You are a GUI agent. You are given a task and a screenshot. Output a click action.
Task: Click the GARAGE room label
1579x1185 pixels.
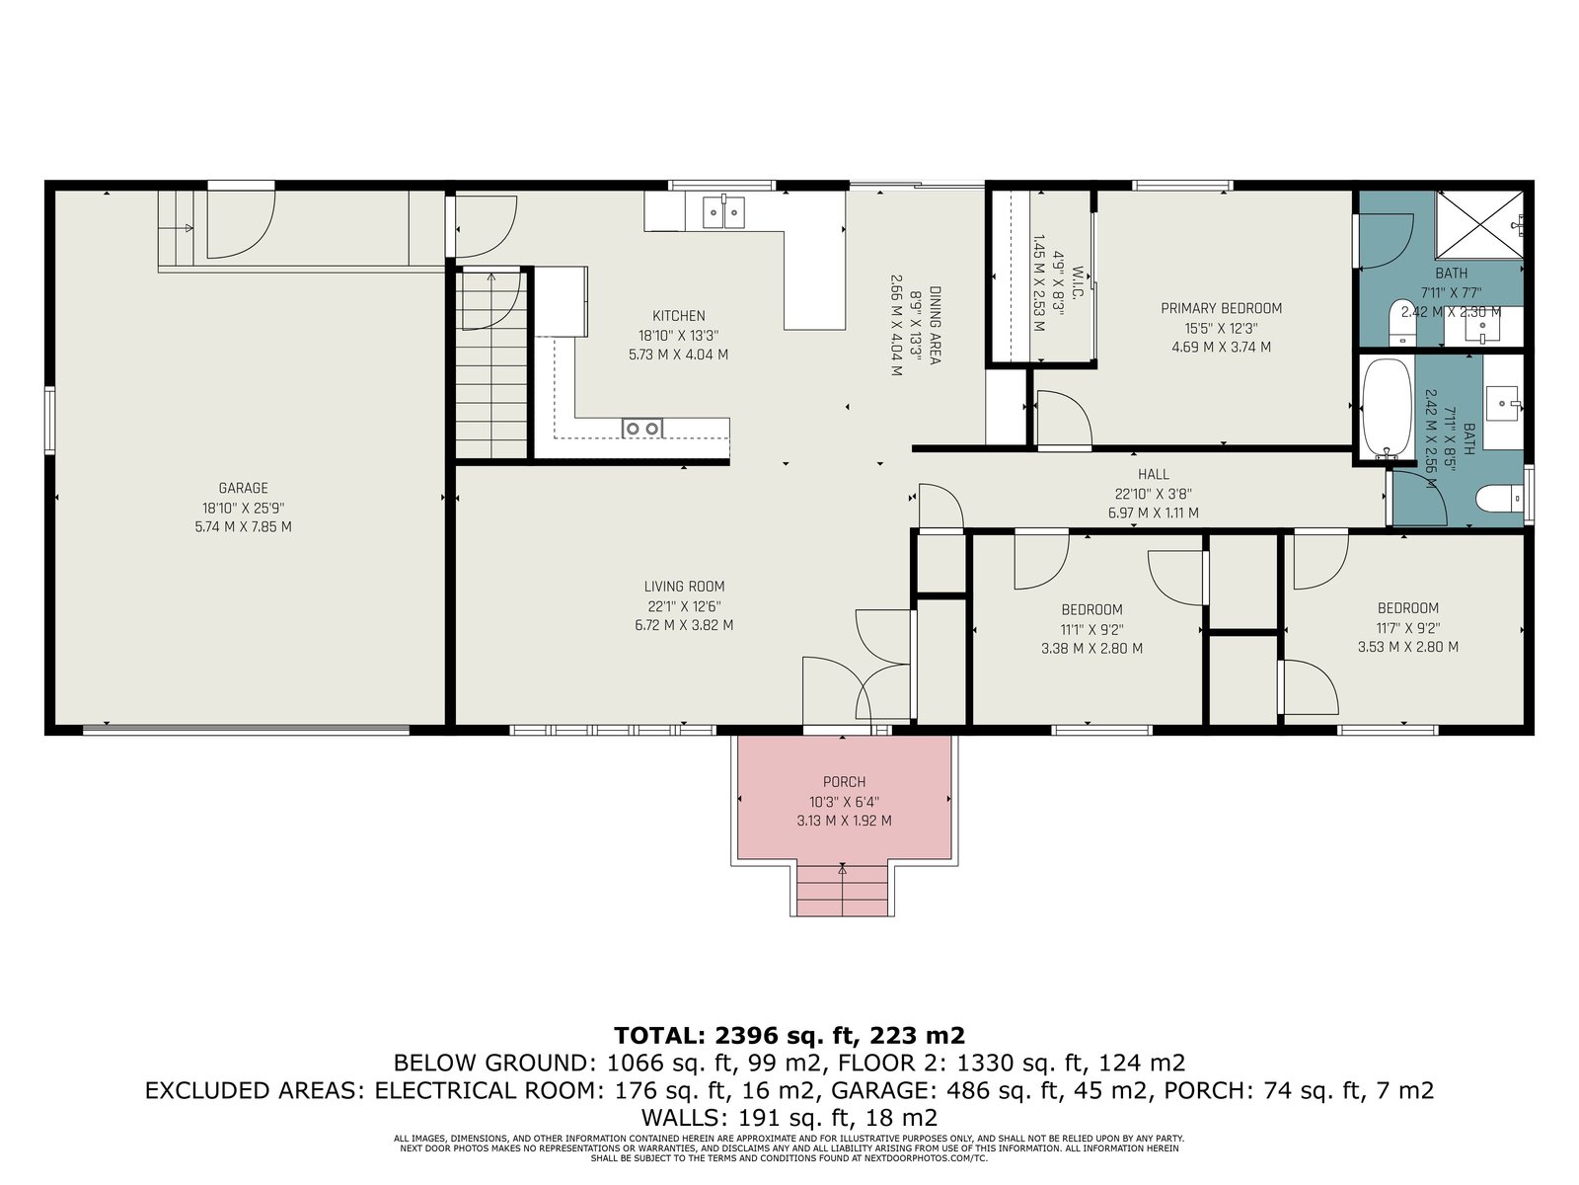click(x=243, y=488)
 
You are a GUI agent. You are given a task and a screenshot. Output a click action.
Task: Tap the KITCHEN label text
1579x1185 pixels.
click(x=678, y=316)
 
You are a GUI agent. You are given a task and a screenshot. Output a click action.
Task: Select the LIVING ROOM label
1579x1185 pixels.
click(x=684, y=587)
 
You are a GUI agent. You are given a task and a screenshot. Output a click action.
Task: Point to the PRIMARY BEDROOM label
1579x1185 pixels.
click(x=1221, y=309)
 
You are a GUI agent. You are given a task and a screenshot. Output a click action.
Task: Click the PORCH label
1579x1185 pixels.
click(x=844, y=781)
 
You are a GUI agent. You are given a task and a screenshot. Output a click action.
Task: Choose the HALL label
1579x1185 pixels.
click(x=1153, y=474)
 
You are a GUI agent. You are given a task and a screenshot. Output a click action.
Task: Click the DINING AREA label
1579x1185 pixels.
click(x=935, y=325)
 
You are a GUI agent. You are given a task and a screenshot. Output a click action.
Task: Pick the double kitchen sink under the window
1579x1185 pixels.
click(x=724, y=211)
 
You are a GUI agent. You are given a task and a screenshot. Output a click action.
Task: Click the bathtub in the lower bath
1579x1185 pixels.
click(x=1387, y=409)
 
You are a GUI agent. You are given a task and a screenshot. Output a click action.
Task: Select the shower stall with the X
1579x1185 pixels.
click(x=1479, y=224)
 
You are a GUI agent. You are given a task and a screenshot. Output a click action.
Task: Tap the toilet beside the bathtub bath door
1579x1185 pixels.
click(x=1499, y=498)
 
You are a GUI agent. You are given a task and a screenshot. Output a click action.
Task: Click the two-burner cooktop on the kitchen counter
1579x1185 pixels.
click(x=641, y=429)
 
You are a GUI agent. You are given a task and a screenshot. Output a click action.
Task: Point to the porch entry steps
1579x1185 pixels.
click(x=842, y=890)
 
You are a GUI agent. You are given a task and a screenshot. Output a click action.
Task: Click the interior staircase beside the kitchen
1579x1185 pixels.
click(x=491, y=363)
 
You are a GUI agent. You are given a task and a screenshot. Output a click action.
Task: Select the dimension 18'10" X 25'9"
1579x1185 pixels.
click(x=243, y=508)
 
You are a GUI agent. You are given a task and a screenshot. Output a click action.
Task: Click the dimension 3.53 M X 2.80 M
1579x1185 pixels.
click(x=1407, y=647)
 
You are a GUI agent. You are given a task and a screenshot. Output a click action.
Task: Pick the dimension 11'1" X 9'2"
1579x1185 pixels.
click(x=1091, y=630)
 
